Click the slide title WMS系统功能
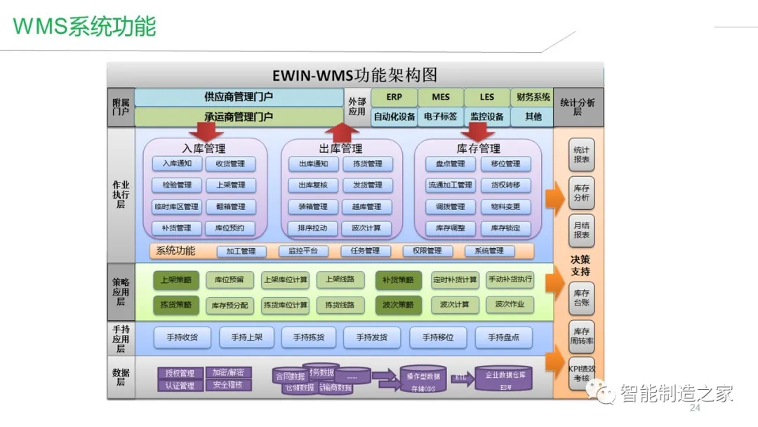pyautogui.click(x=84, y=27)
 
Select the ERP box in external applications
pyautogui.click(x=394, y=97)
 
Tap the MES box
pyautogui.click(x=441, y=97)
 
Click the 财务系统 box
pyautogui.click(x=533, y=97)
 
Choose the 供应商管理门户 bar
pyautogui.click(x=239, y=97)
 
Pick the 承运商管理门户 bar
pyautogui.click(x=239, y=117)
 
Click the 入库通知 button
pyautogui.click(x=177, y=164)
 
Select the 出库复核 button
pyautogui.click(x=313, y=185)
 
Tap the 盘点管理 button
pyautogui.click(x=450, y=164)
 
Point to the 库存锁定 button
pyautogui.click(x=505, y=228)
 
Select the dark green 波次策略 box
pyautogui.click(x=398, y=305)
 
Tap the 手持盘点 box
pyautogui.click(x=502, y=337)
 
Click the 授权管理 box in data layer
pyautogui.click(x=180, y=373)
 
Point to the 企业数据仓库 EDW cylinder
pyautogui.click(x=505, y=379)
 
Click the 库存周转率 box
pyautogui.click(x=581, y=336)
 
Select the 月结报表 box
pyautogui.click(x=581, y=230)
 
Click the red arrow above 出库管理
pyautogui.click(x=342, y=131)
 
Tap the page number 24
pyautogui.click(x=696, y=409)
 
